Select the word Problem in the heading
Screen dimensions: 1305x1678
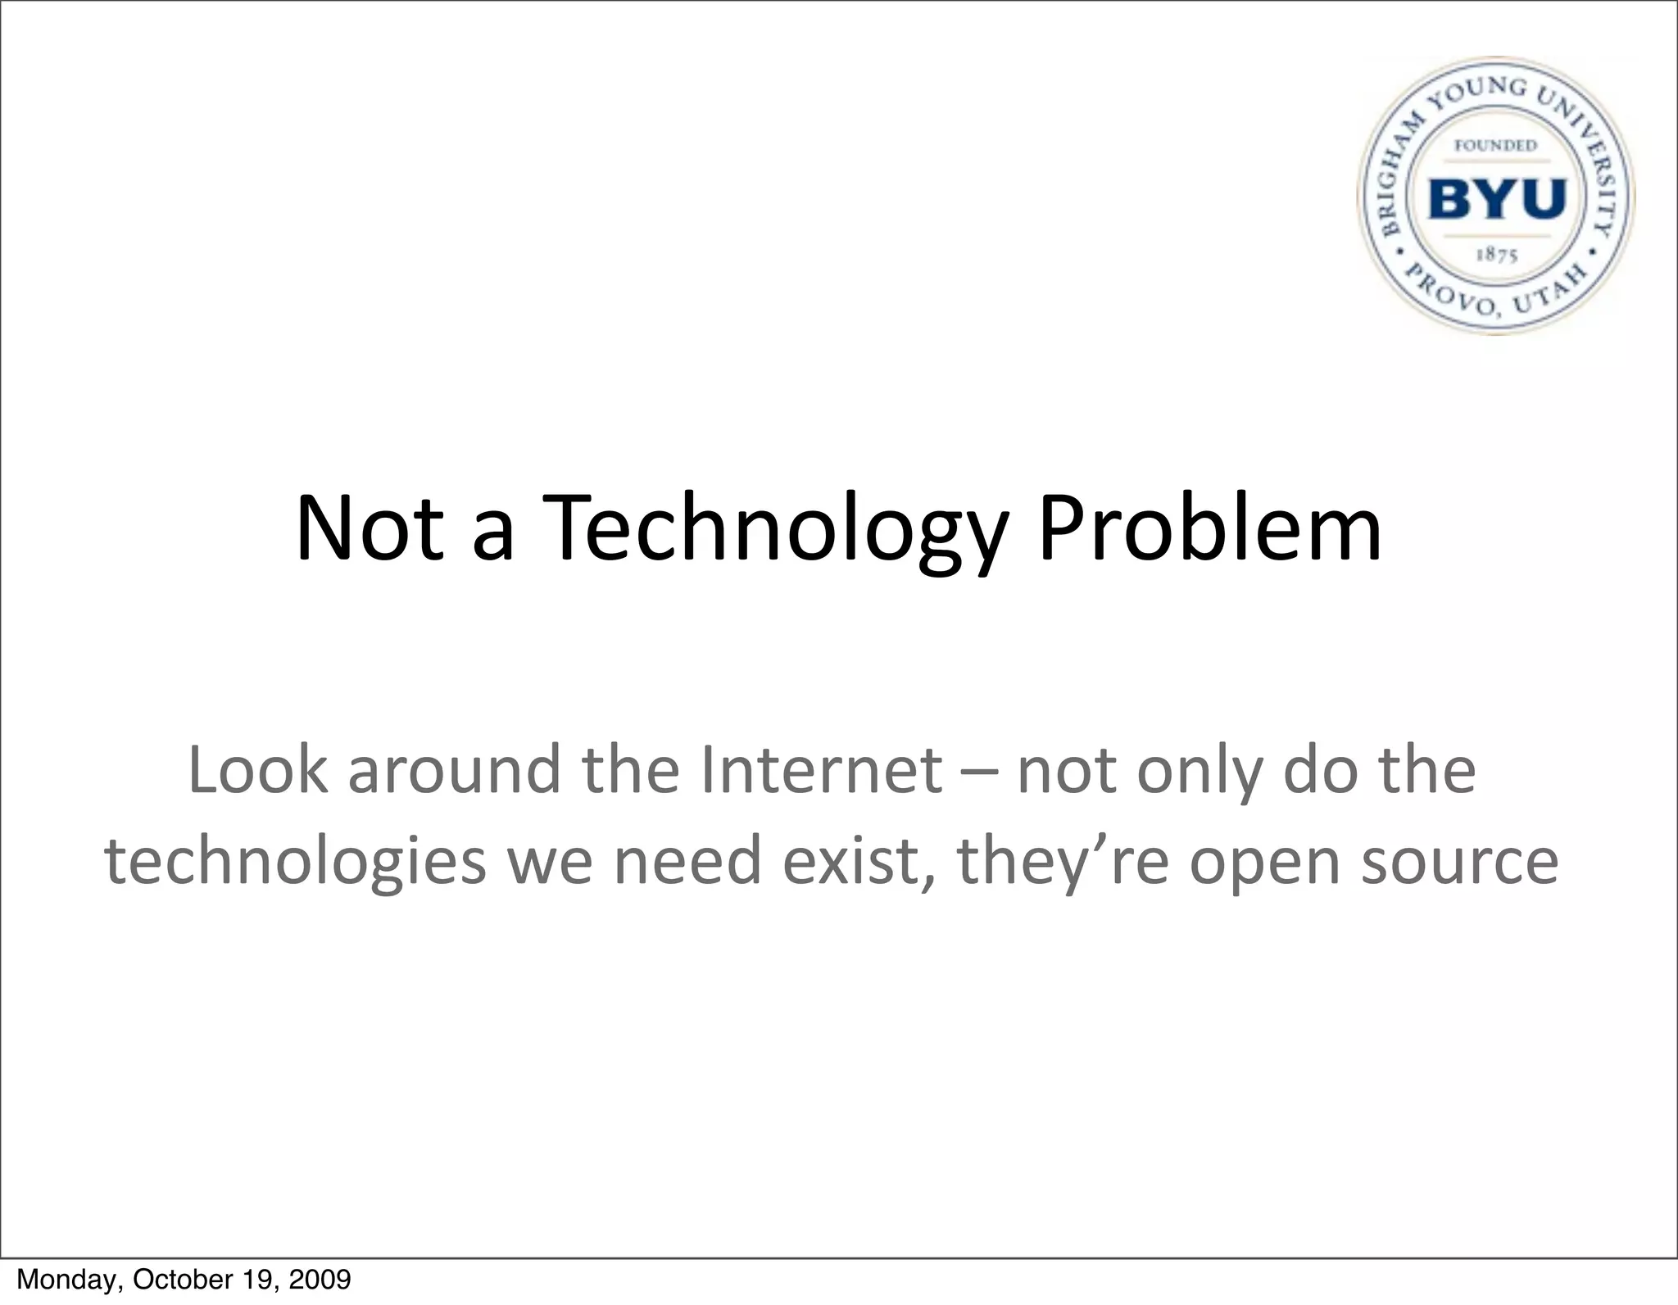pos(1210,529)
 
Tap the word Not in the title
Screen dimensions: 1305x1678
pos(370,529)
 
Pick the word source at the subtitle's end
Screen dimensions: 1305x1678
pos(1459,862)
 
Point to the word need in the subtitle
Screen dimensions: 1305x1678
pos(687,862)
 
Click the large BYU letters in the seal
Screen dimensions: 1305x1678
pos(1498,199)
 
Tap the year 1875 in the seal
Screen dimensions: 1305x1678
pos(1497,255)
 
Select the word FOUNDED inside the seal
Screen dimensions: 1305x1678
pos(1495,146)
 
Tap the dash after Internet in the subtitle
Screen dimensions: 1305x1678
pos(980,772)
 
